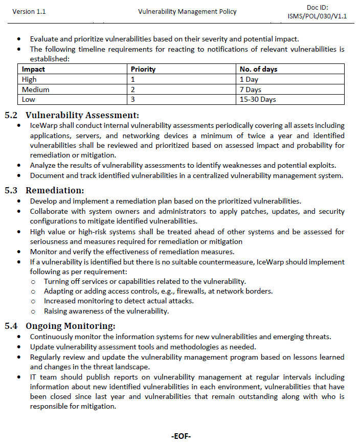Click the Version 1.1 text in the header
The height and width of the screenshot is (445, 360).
pos(29,12)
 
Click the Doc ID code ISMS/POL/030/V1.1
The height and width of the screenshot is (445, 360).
pos(317,16)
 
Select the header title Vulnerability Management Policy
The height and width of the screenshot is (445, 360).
pos(187,12)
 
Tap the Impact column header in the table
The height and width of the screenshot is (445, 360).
pos(34,69)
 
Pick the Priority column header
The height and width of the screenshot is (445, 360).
pos(143,69)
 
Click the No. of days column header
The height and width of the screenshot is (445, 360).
pos(259,69)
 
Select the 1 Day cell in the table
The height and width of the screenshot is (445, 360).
pos(249,79)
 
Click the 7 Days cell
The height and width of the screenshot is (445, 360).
pos(251,90)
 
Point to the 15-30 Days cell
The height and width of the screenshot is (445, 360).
pos(258,99)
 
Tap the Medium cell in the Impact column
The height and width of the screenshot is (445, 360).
pos(36,90)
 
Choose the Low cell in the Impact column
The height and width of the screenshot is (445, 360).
pos(29,99)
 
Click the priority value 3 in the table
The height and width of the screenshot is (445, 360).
pos(133,99)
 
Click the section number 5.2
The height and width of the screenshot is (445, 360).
pos(11,115)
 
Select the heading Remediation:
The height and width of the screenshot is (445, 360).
pos(55,190)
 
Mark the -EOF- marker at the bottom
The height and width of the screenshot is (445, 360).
pos(181,436)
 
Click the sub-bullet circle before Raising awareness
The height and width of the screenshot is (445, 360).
pos(33,311)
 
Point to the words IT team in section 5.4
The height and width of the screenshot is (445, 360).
pos(41,377)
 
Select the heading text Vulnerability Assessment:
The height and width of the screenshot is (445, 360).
pos(82,115)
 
